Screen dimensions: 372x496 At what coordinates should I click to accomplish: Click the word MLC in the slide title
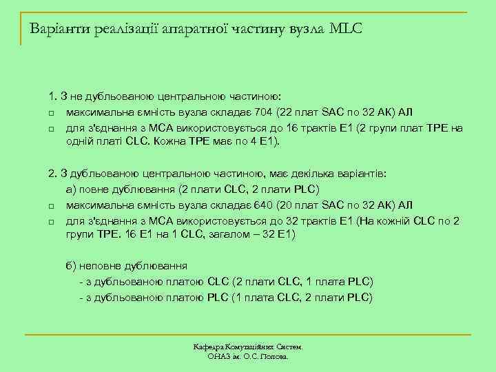tap(345, 30)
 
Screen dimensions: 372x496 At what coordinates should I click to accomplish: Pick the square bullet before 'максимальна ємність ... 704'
tap(51, 113)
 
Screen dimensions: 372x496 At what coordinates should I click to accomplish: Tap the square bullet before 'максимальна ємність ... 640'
tap(51, 205)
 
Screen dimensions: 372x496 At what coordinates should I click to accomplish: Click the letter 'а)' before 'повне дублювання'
tap(72, 189)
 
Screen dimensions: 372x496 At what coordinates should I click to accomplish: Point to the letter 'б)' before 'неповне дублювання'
tap(72, 265)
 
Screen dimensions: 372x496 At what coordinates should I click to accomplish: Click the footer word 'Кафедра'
tap(209, 348)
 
